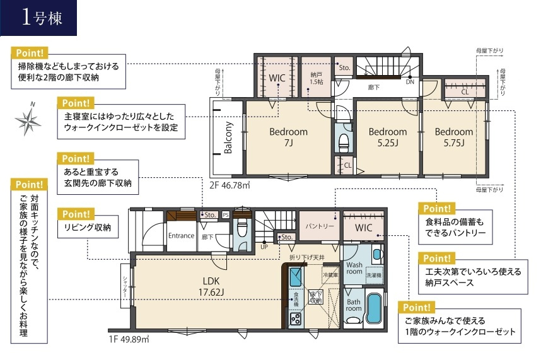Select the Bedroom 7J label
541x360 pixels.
point(288,137)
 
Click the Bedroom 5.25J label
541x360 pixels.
point(387,137)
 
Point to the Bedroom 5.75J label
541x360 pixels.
point(453,137)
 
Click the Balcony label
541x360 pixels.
point(228,137)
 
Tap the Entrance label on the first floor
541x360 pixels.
point(181,236)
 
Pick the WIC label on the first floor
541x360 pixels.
point(364,228)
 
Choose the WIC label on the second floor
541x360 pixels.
point(278,78)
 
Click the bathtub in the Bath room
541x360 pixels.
point(374,308)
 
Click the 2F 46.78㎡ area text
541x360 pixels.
point(230,186)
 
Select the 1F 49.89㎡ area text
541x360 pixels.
point(127,339)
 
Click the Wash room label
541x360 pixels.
point(354,268)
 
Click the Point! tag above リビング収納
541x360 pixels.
point(74,213)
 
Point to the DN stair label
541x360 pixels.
point(410,82)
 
